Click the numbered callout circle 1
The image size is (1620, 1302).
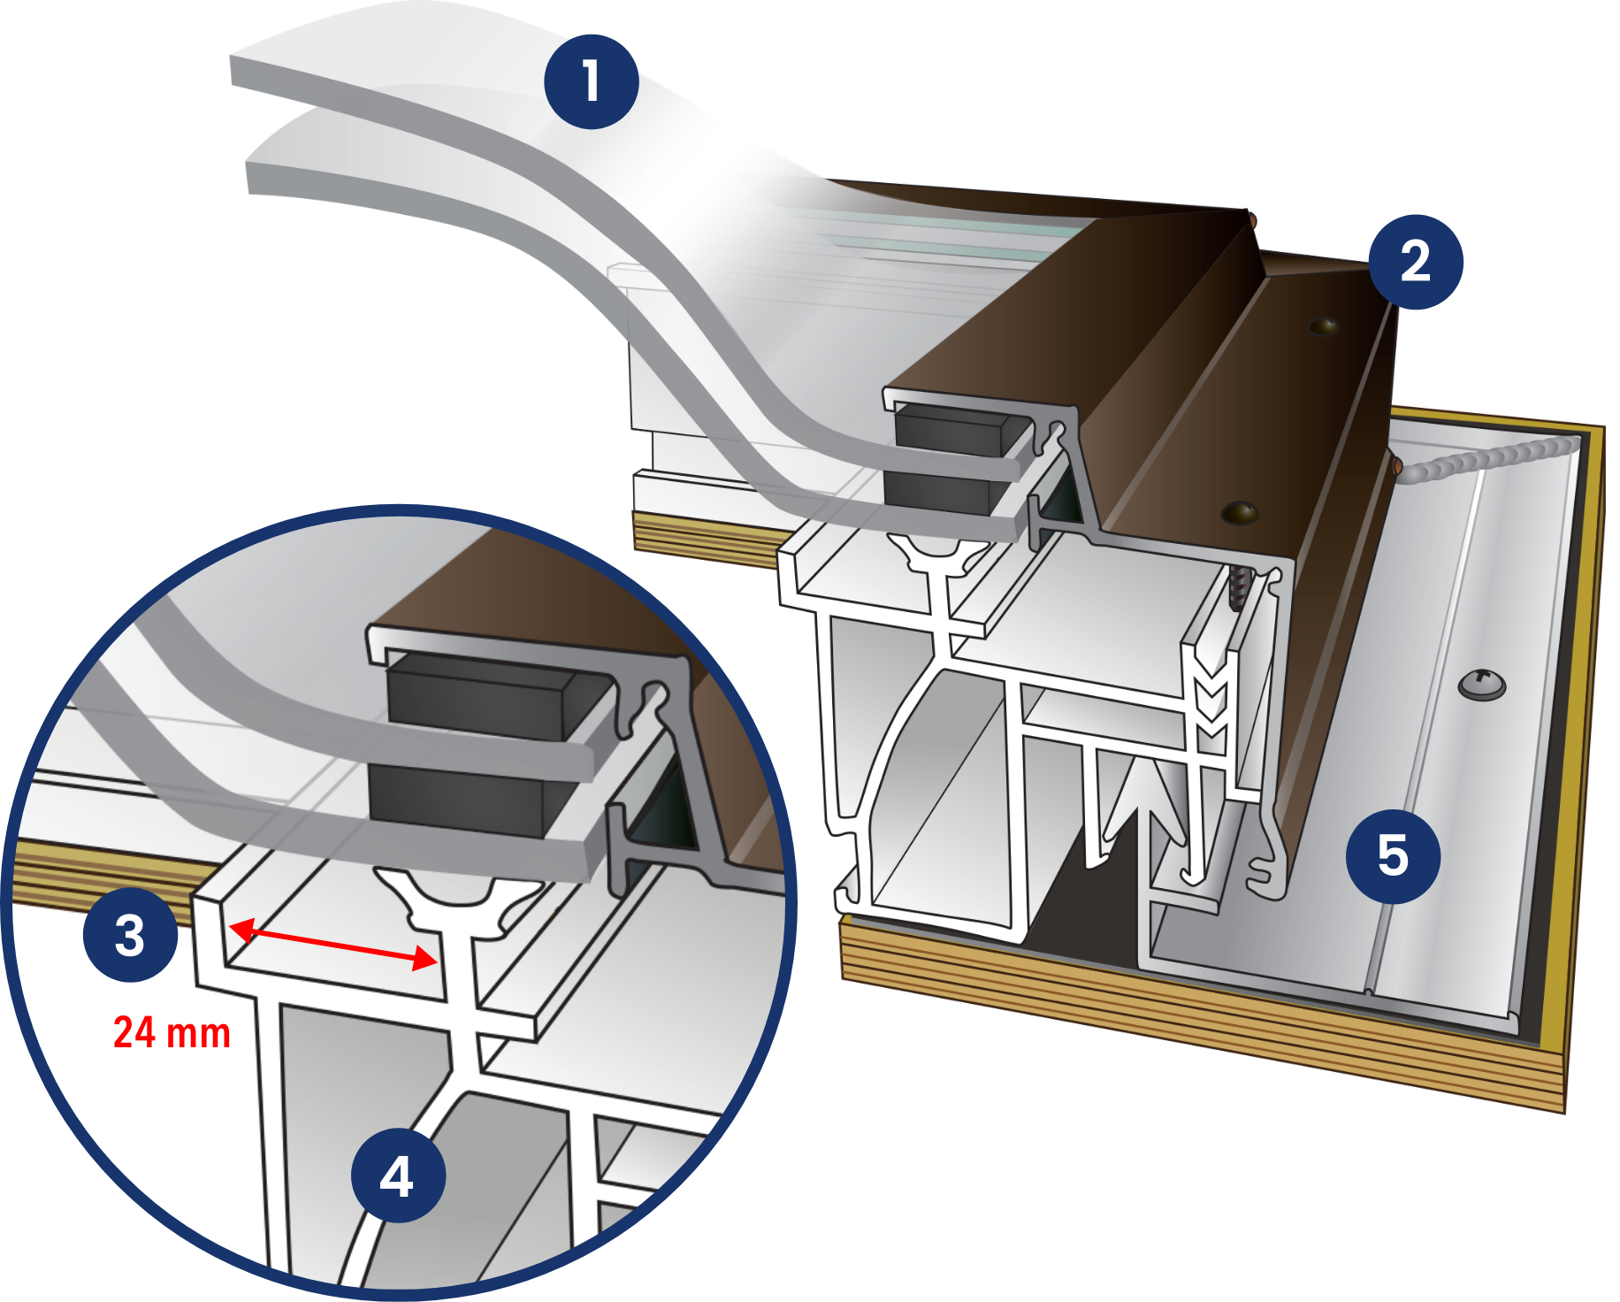tap(591, 81)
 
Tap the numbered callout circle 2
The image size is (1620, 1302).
tap(1415, 262)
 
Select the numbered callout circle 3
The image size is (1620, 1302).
tap(130, 935)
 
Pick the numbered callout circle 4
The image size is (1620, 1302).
tap(398, 1176)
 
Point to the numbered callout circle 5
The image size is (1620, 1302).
tap(1393, 855)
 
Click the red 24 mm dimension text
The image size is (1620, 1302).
tap(172, 1032)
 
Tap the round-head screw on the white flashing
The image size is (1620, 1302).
tap(1481, 682)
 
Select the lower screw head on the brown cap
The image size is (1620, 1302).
tap(1239, 512)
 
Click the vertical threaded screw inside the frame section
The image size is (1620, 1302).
tap(1237, 587)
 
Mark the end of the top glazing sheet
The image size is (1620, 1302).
tap(239, 71)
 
